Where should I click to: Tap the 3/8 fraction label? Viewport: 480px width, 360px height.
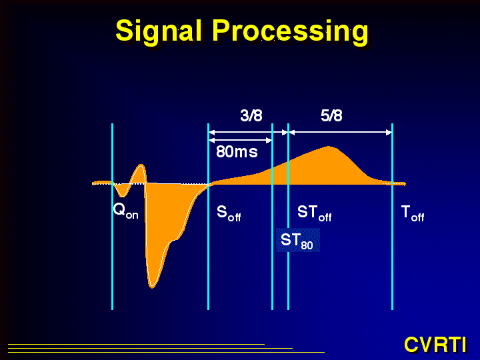point(251,116)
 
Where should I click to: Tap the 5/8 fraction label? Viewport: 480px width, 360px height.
point(331,116)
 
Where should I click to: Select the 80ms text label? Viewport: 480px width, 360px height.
point(237,151)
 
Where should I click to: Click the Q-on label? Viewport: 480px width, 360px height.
point(125,211)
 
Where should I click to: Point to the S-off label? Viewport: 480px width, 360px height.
point(229,213)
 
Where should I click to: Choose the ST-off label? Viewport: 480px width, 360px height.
point(315,213)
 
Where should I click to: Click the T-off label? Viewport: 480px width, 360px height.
point(413,213)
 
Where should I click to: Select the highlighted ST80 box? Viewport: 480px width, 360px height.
point(298,240)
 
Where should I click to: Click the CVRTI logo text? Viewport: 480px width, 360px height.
point(435,345)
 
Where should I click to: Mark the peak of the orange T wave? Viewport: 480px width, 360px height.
point(329,147)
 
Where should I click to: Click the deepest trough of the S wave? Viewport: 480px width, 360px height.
point(152,287)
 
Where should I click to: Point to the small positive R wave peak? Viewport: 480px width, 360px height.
point(141,165)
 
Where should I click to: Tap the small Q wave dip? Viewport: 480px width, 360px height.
point(123,196)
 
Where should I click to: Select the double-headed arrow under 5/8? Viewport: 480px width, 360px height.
point(341,133)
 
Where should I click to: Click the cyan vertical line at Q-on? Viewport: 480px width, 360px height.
point(113,217)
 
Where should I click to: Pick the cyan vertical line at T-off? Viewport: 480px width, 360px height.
point(392,217)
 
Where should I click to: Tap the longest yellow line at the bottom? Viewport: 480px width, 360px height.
point(166,353)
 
